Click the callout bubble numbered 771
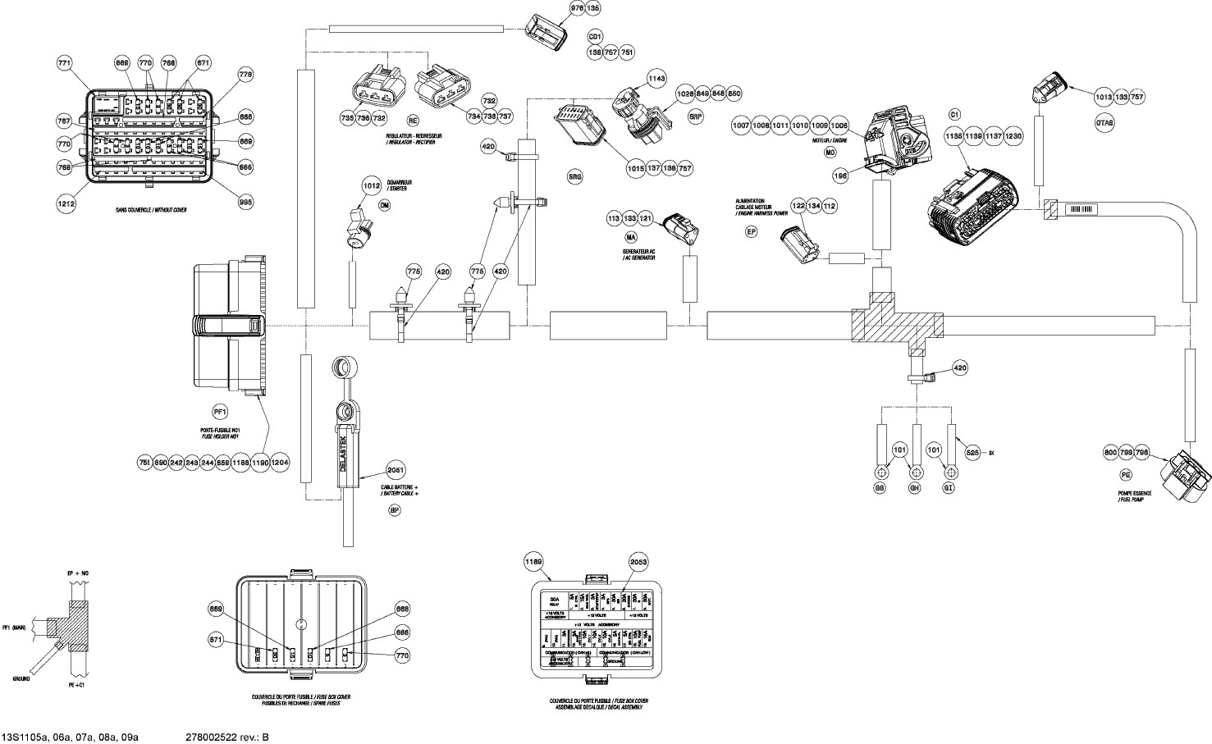[65, 62]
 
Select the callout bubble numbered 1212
[66, 203]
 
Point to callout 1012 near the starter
[372, 186]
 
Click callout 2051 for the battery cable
[396, 470]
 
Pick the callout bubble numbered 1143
[656, 79]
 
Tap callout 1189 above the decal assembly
[534, 561]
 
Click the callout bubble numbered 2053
[638, 561]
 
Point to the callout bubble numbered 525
[972, 452]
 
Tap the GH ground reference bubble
[916, 488]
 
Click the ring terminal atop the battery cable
[342, 366]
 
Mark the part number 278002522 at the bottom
[216, 737]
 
